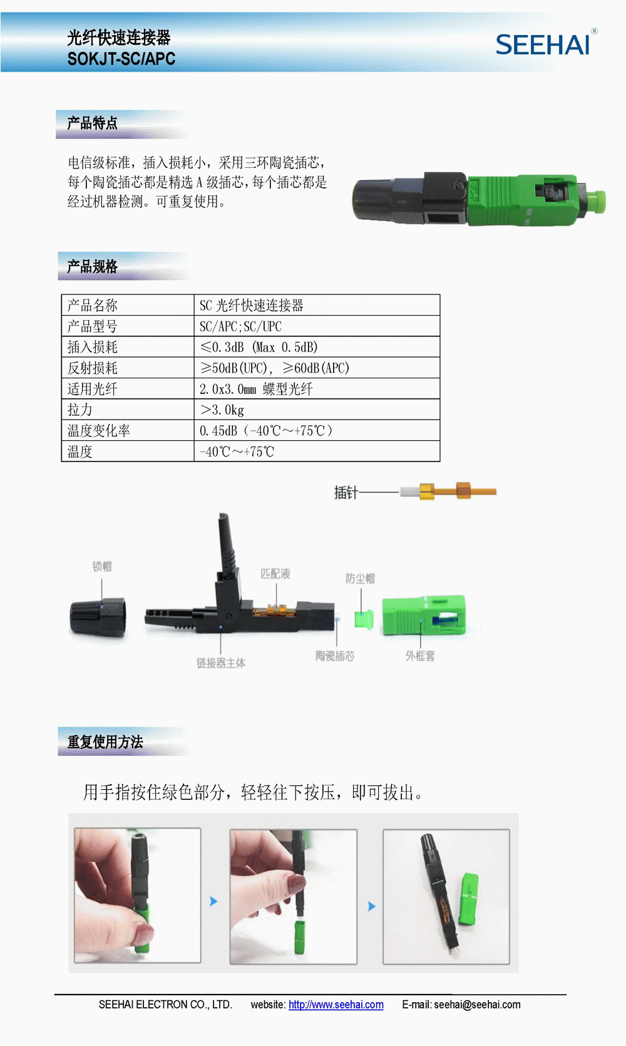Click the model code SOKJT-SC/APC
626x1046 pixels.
click(121, 59)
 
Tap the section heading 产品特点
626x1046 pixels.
click(93, 123)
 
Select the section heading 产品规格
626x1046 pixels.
click(93, 267)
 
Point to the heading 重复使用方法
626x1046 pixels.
click(105, 742)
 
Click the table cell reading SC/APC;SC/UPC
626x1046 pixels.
click(241, 326)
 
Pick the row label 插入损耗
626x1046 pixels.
click(93, 347)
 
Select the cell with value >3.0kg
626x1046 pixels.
click(222, 410)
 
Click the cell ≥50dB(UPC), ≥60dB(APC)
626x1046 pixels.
click(274, 368)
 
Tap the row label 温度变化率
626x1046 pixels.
click(98, 430)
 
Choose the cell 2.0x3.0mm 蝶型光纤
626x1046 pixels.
click(256, 389)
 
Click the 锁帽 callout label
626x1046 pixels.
click(102, 566)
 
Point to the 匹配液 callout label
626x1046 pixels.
click(275, 574)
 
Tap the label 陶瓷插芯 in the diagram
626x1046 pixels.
click(335, 656)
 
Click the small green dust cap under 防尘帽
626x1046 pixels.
click(364, 619)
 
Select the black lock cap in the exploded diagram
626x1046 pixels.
click(98, 618)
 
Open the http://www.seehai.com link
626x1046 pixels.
click(336, 1005)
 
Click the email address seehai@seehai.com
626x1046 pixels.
click(477, 1005)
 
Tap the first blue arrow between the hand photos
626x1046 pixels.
click(213, 901)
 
